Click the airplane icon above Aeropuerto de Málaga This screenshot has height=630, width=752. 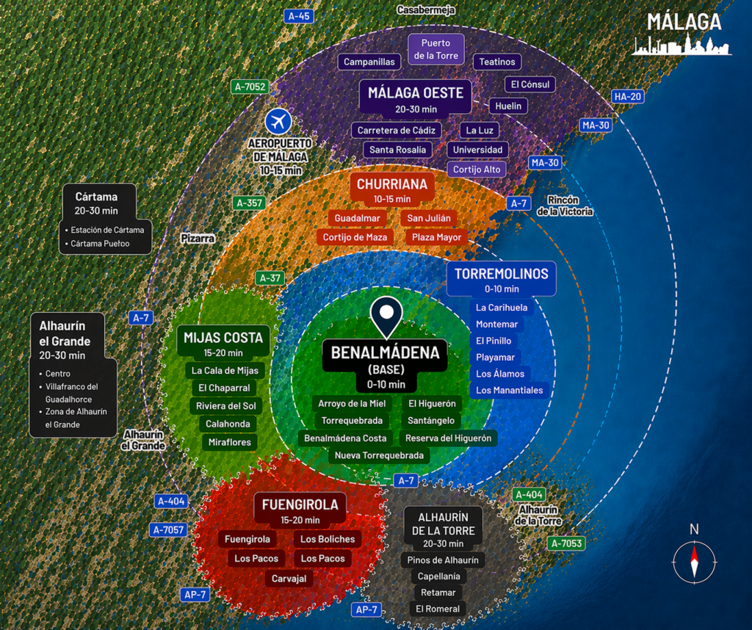coord(278,121)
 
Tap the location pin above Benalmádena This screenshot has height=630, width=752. coord(386,317)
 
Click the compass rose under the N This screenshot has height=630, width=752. coord(694,562)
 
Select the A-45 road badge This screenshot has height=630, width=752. coord(300,16)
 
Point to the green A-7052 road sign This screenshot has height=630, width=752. coord(250,87)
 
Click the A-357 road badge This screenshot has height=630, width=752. coord(250,203)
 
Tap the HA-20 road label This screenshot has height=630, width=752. coord(627,96)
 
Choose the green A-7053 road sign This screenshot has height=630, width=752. coord(566,543)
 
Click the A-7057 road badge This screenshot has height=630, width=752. coord(168,530)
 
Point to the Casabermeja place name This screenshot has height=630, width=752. coord(426,10)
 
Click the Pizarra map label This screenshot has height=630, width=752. coord(198,239)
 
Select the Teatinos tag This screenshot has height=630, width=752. coord(497,62)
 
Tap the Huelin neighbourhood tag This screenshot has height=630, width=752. coord(508,106)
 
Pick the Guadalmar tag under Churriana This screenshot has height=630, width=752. coord(358,218)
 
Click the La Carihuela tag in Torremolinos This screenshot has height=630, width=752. coord(502,308)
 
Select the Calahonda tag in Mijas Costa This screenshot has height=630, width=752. coord(228,424)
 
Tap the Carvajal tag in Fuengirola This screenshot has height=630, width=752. coord(289,579)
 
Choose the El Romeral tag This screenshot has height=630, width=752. coord(438,609)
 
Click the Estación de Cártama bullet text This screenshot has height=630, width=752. coord(107,230)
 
